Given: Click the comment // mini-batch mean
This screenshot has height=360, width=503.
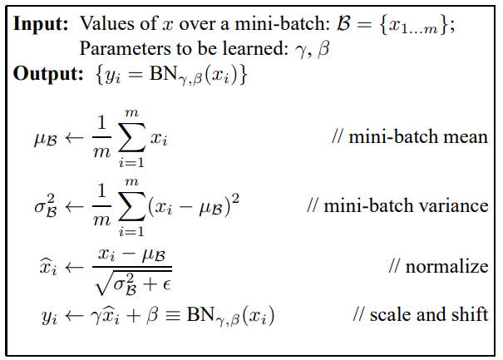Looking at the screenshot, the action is tap(409, 136).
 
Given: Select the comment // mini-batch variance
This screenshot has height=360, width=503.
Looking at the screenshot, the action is tap(397, 204).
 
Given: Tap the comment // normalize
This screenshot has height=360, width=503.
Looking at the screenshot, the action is tap(438, 266).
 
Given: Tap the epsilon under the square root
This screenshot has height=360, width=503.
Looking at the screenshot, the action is tap(165, 284).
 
